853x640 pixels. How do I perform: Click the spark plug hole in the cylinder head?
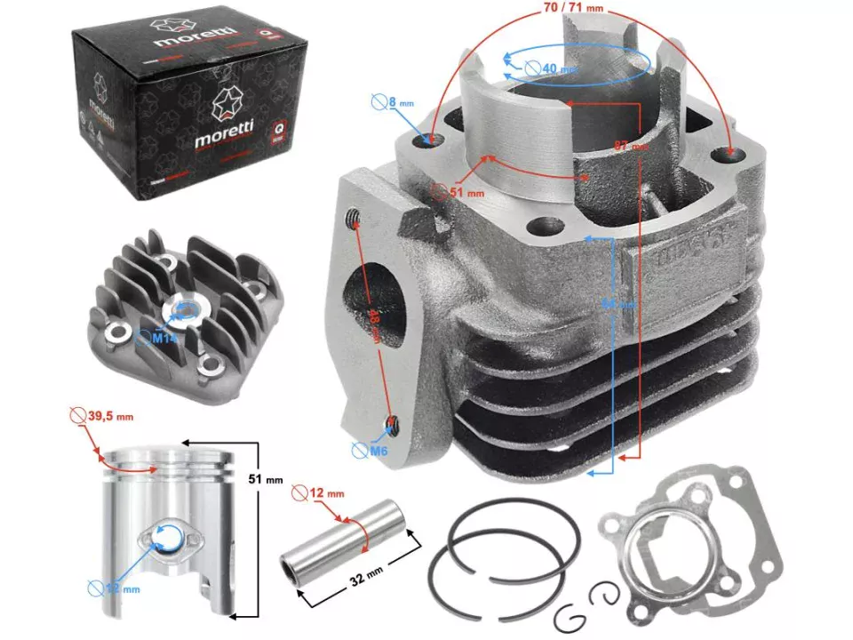point(186,310)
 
